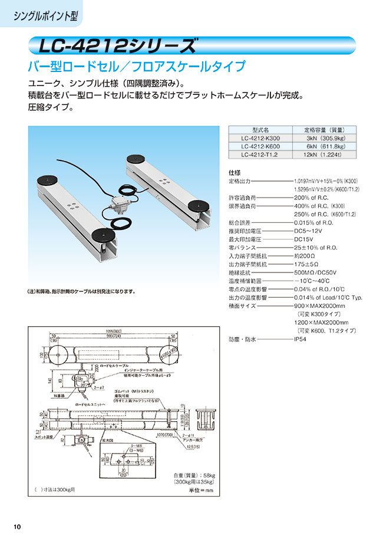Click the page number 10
point(17,526)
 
